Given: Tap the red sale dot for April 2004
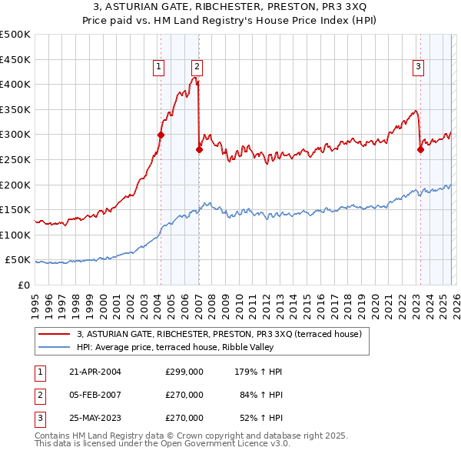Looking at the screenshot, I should (161, 135).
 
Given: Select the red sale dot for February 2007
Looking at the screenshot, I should (199, 149).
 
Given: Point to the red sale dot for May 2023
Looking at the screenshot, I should (420, 149).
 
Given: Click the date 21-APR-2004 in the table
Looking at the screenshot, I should (95, 372).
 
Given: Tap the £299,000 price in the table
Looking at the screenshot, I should (184, 372).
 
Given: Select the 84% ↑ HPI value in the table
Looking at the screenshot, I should (261, 395).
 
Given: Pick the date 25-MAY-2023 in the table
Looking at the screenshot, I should (95, 418).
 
